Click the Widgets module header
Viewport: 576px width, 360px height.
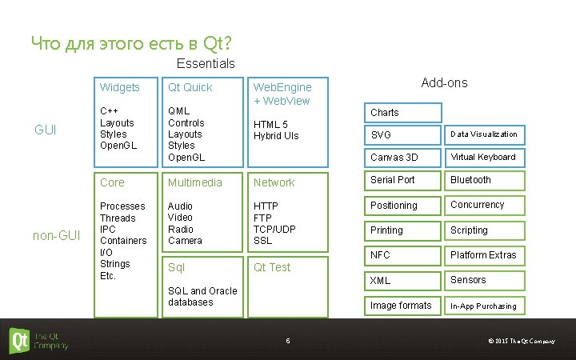(x=120, y=87)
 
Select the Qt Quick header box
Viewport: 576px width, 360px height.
(x=190, y=87)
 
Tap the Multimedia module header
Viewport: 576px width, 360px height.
(x=195, y=182)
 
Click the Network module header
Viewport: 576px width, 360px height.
(x=274, y=182)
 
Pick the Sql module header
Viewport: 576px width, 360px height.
(x=176, y=267)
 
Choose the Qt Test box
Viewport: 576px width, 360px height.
(x=272, y=267)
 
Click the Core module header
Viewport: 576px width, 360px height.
(x=112, y=182)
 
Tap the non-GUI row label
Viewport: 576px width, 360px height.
(x=55, y=235)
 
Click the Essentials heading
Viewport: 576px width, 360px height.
(x=206, y=63)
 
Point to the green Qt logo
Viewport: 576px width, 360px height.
(x=20, y=340)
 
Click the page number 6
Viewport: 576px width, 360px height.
(x=287, y=342)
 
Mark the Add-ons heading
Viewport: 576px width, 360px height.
(x=444, y=83)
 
